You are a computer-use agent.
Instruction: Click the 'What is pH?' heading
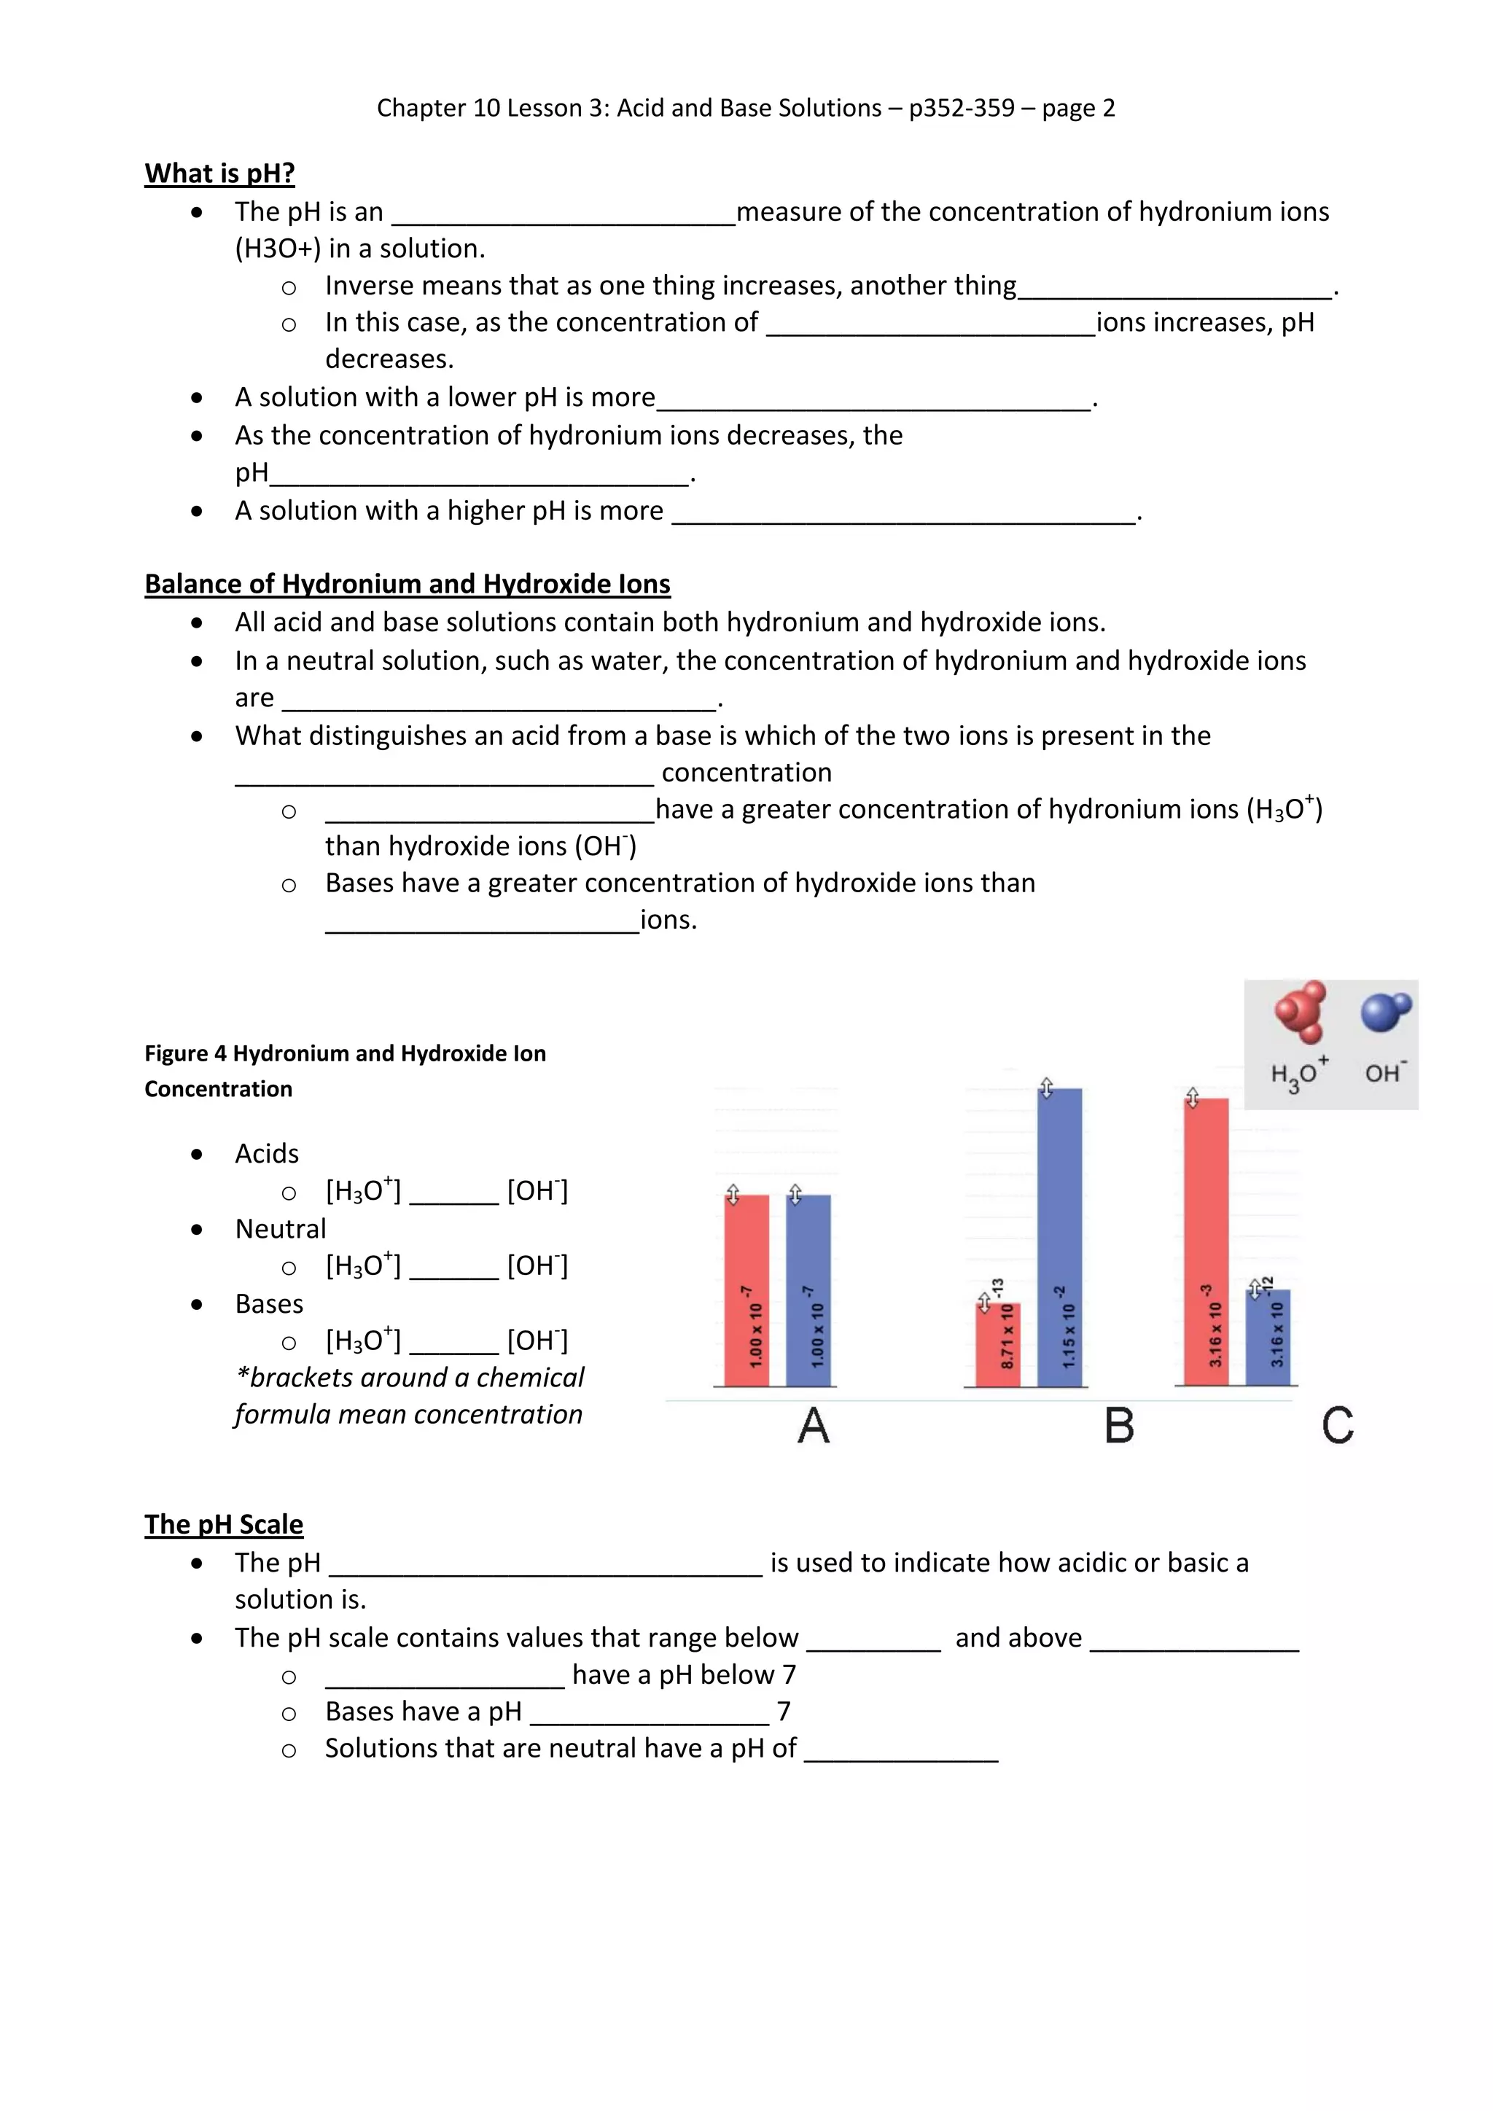[x=219, y=173]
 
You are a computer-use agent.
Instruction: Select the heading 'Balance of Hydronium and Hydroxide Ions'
[x=408, y=584]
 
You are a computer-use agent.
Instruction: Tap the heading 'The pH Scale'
[x=223, y=1523]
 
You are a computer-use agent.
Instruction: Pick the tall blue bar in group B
[x=1060, y=1236]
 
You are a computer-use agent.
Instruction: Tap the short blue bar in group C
[x=1268, y=1337]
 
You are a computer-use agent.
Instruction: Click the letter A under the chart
[x=814, y=1426]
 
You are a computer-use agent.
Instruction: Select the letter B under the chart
[x=1119, y=1426]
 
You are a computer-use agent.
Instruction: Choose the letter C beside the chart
[x=1338, y=1426]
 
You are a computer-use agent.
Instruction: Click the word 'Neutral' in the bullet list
[x=281, y=1228]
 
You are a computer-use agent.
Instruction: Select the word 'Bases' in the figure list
[x=268, y=1304]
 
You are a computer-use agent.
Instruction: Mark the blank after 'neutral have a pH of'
[x=901, y=1752]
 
